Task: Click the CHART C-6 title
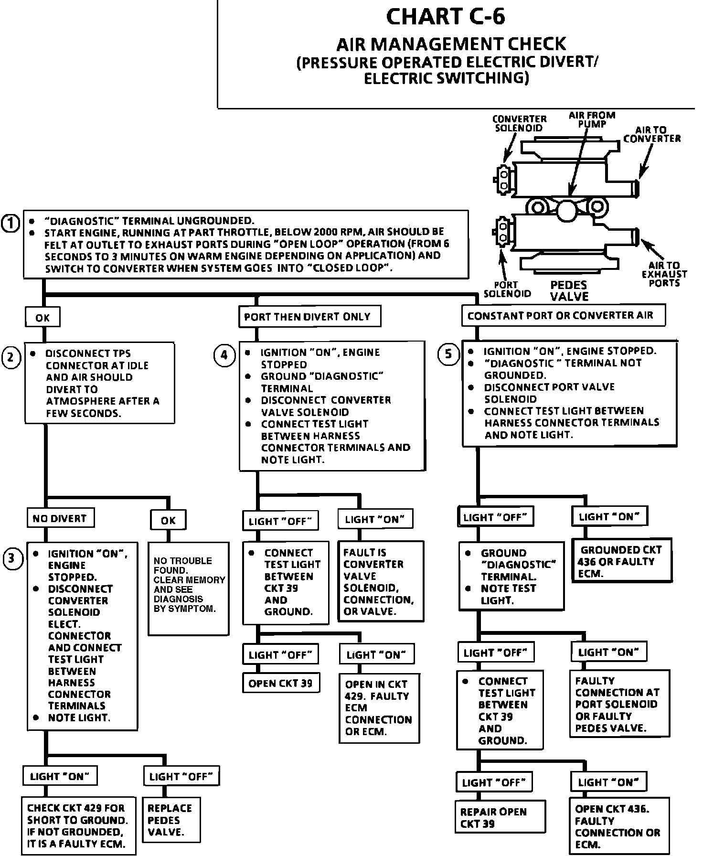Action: (x=445, y=17)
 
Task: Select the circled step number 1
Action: (x=11, y=223)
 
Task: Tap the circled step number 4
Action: (x=224, y=355)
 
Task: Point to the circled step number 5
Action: (x=448, y=354)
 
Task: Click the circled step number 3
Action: (x=13, y=559)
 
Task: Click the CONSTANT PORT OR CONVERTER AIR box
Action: (x=563, y=316)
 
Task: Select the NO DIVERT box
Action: (x=60, y=518)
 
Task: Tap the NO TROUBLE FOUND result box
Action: (x=188, y=588)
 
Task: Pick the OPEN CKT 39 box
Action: (x=280, y=683)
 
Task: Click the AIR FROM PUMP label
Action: (x=592, y=119)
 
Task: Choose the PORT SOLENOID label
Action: (x=507, y=289)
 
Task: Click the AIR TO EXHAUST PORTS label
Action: (x=664, y=274)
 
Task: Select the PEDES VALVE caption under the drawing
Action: (x=568, y=291)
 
